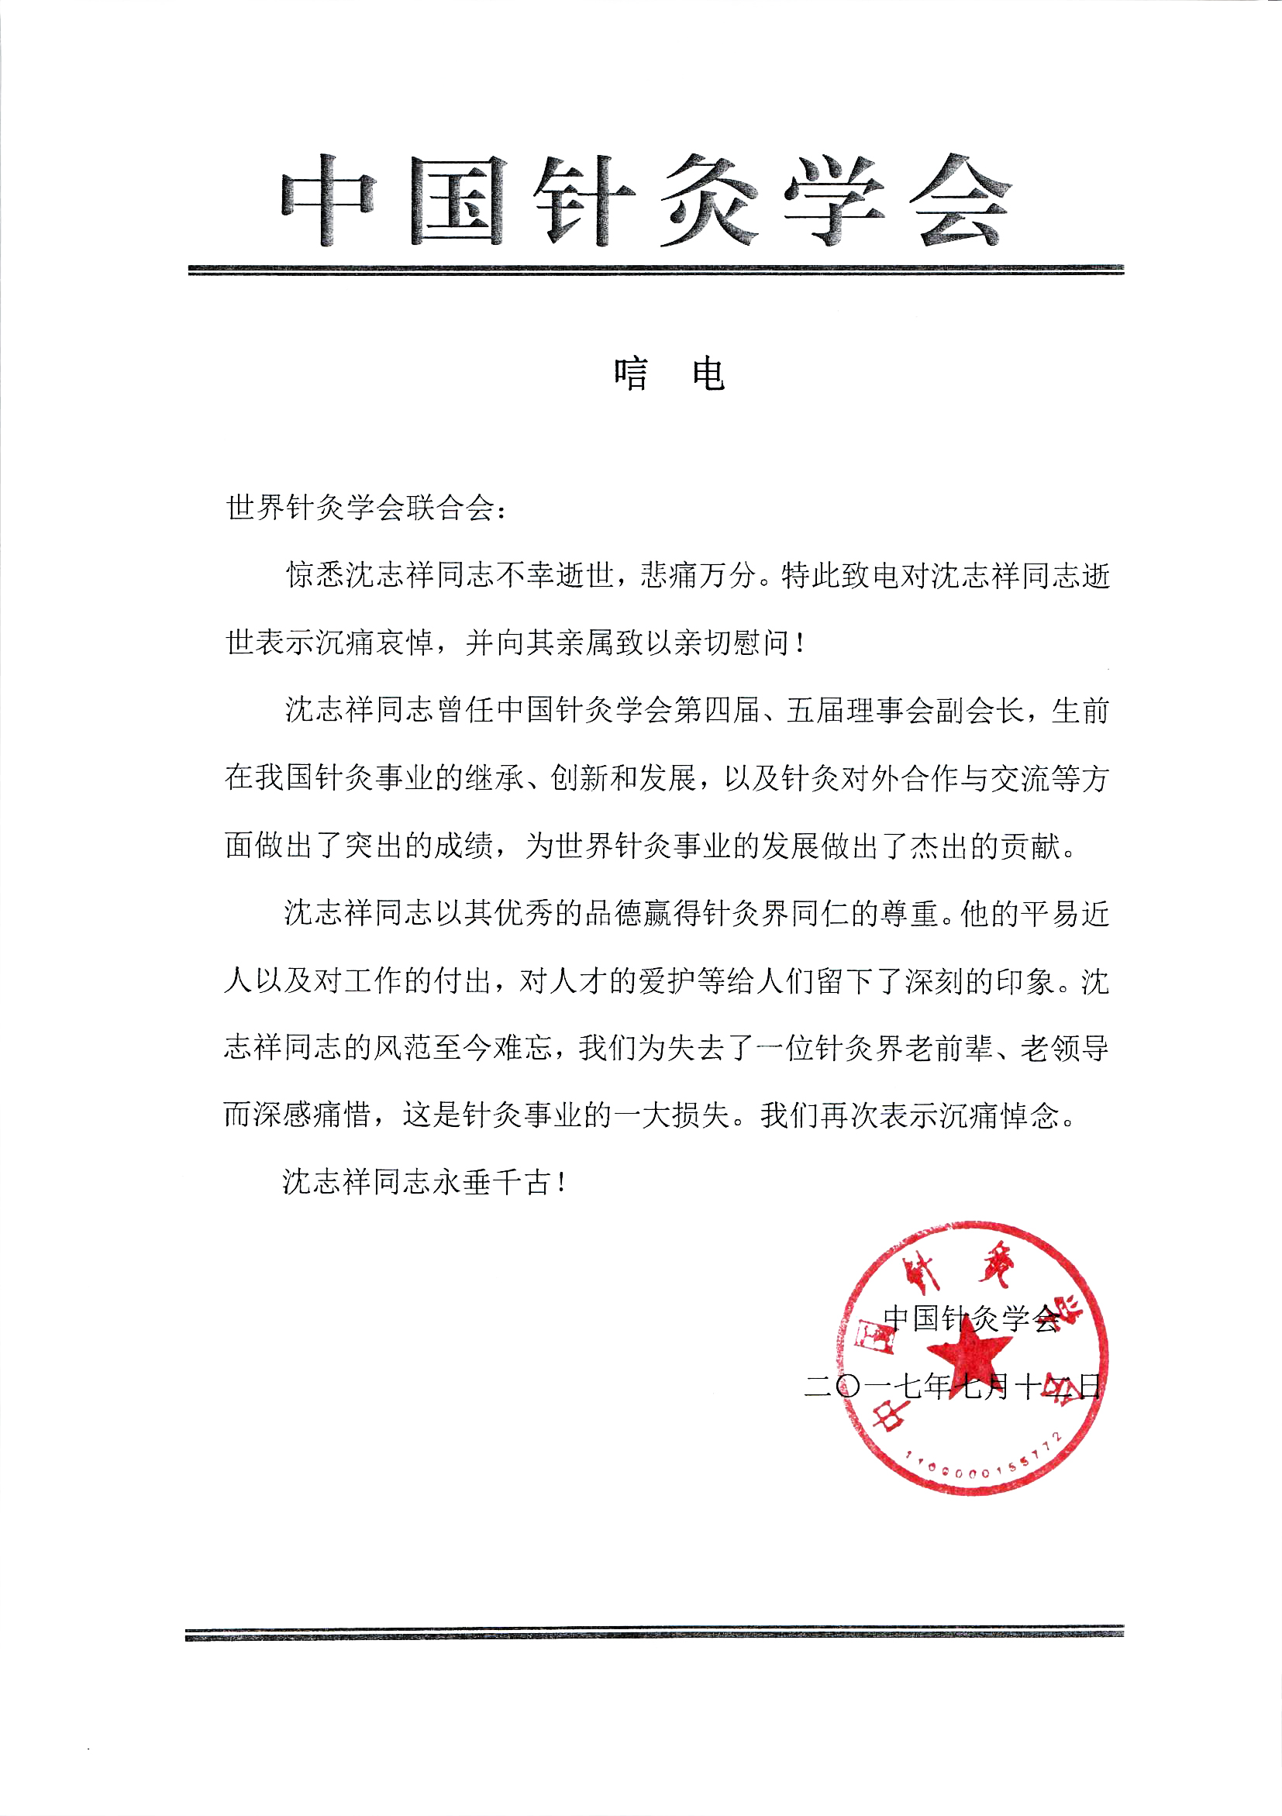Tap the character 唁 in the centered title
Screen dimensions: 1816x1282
[630, 374]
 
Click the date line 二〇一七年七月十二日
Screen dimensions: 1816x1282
[953, 1386]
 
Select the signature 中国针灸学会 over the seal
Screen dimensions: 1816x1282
[971, 1318]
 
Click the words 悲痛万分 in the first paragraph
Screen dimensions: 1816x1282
[699, 575]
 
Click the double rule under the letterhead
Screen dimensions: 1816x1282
[656, 270]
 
